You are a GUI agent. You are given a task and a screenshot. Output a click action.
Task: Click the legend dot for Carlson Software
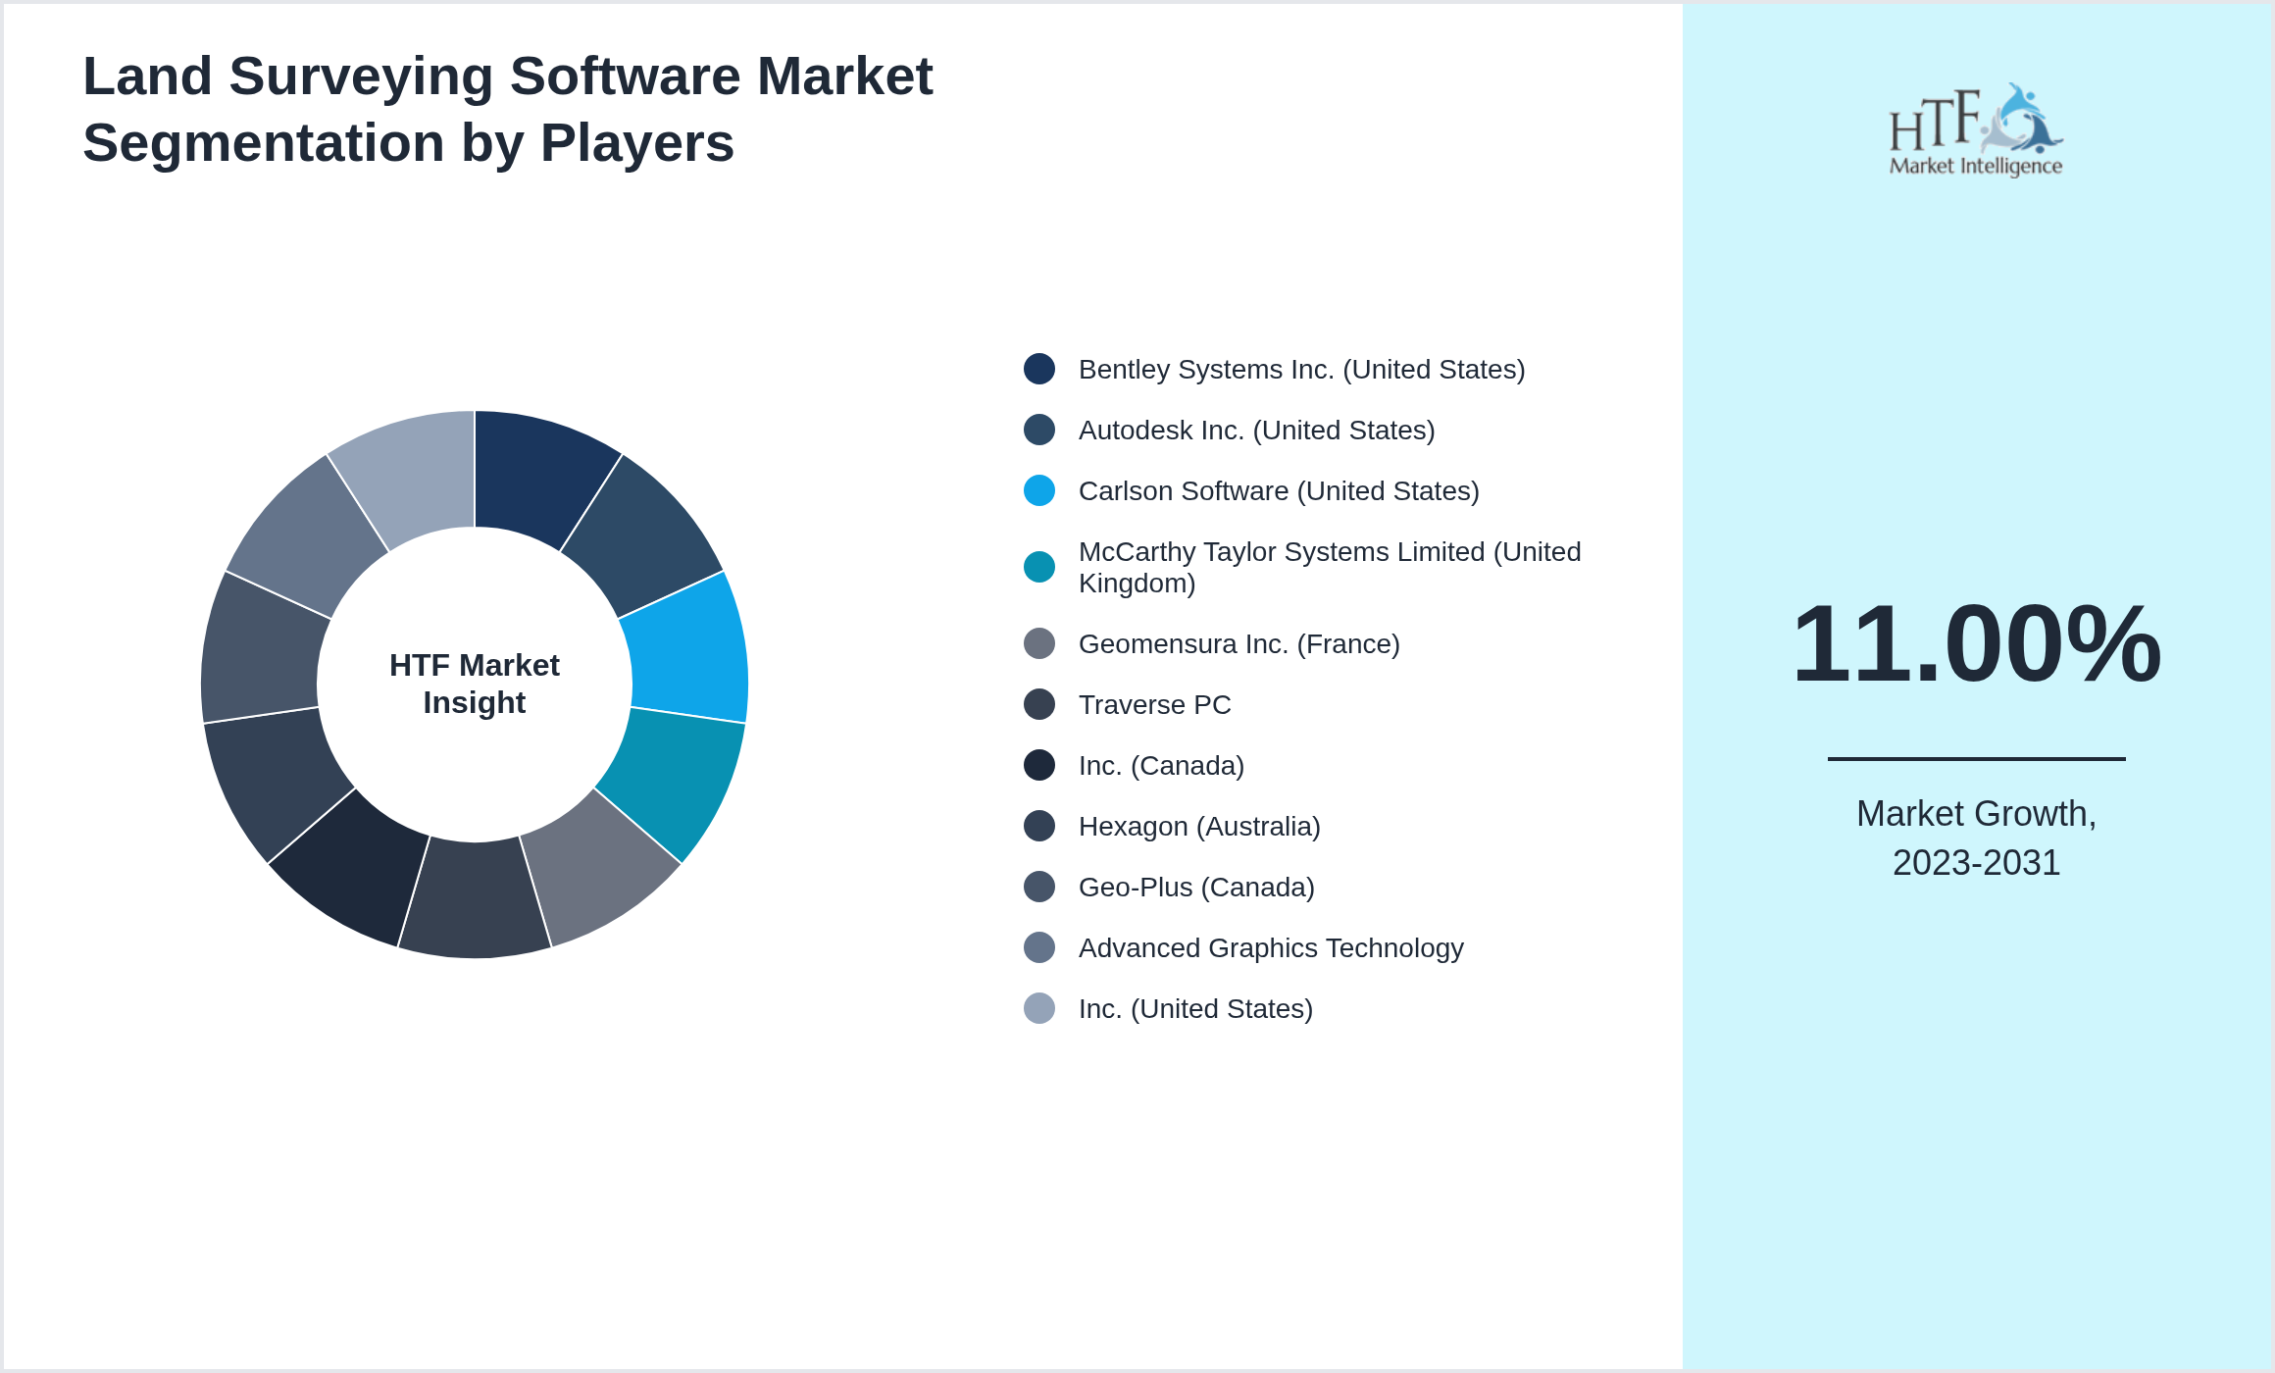pyautogui.click(x=1039, y=490)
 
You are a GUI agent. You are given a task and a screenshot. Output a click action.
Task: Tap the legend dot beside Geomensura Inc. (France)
pyautogui.click(x=1039, y=643)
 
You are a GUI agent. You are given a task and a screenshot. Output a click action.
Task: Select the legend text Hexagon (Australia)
pyautogui.click(x=1199, y=827)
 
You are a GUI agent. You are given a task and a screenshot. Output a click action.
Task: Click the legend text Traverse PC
pyautogui.click(x=1154, y=705)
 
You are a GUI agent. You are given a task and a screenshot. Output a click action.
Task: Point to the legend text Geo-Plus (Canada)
pyautogui.click(x=1196, y=888)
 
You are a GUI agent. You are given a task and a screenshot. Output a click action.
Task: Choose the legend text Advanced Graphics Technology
pyautogui.click(x=1271, y=948)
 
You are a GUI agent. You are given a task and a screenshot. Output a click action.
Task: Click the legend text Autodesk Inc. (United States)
pyautogui.click(x=1256, y=431)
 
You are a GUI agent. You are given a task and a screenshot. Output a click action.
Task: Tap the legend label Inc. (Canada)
pyautogui.click(x=1161, y=766)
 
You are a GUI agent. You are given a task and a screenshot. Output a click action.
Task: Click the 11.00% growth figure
pyautogui.click(x=1976, y=644)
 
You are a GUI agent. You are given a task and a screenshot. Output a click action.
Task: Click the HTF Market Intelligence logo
pyautogui.click(x=1976, y=130)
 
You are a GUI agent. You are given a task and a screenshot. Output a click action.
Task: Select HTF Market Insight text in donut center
pyautogui.click(x=475, y=684)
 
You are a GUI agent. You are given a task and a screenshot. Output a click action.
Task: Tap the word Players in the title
pyautogui.click(x=636, y=143)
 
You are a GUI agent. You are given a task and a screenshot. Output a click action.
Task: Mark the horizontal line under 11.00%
pyautogui.click(x=1976, y=758)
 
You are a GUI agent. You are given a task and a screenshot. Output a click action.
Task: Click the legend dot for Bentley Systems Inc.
pyautogui.click(x=1039, y=369)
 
